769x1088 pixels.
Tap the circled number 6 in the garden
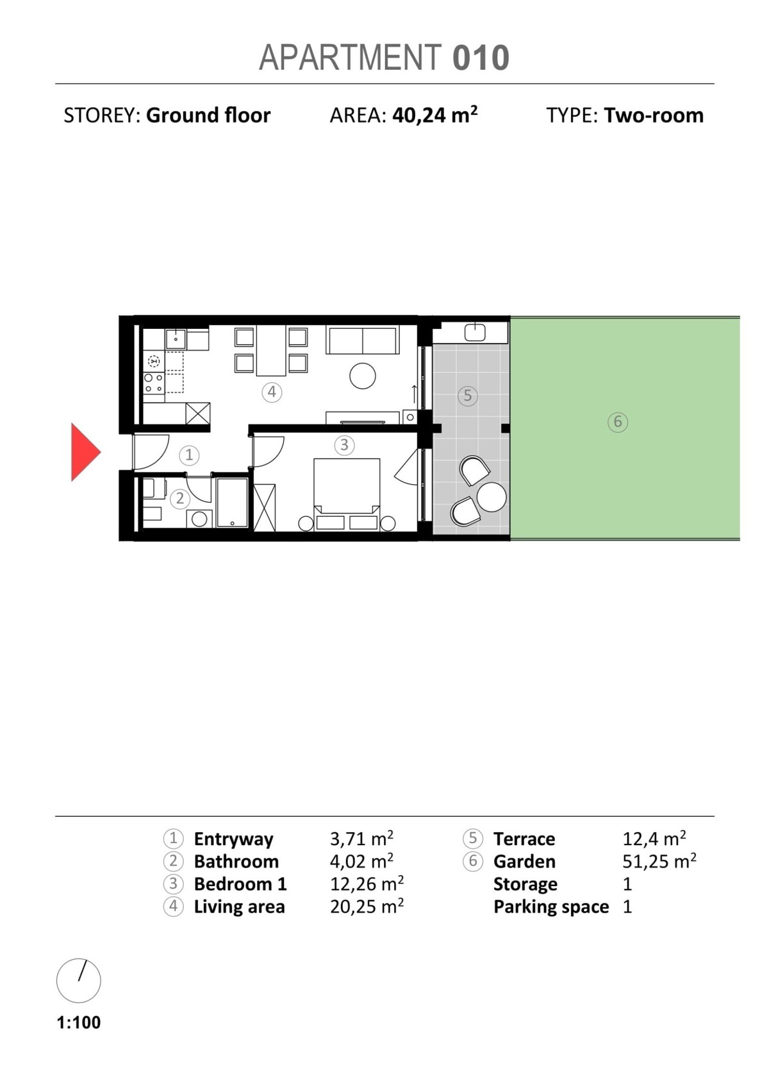pyautogui.click(x=618, y=422)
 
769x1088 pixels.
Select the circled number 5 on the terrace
pyautogui.click(x=468, y=396)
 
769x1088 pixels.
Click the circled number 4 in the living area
pyautogui.click(x=272, y=392)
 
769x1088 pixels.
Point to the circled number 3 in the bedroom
pyautogui.click(x=344, y=444)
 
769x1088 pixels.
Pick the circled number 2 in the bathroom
pyautogui.click(x=179, y=498)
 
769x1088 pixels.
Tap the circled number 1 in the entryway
pyautogui.click(x=189, y=455)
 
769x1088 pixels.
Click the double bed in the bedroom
pyautogui.click(x=347, y=494)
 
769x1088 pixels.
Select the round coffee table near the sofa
pyautogui.click(x=363, y=376)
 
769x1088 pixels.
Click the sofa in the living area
pyautogui.click(x=363, y=340)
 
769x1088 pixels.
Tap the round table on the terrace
pyautogui.click(x=492, y=497)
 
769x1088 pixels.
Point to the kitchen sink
pyautogui.click(x=175, y=339)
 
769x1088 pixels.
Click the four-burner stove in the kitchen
pyautogui.click(x=154, y=383)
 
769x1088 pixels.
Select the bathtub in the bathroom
pyautogui.click(x=232, y=503)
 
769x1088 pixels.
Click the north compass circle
pyautogui.click(x=79, y=981)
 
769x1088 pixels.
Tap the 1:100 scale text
pyautogui.click(x=79, y=1022)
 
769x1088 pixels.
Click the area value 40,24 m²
pyautogui.click(x=435, y=115)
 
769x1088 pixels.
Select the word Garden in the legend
pyautogui.click(x=524, y=861)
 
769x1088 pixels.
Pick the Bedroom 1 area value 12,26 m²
pyautogui.click(x=367, y=883)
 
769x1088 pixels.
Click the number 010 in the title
pyautogui.click(x=481, y=58)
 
